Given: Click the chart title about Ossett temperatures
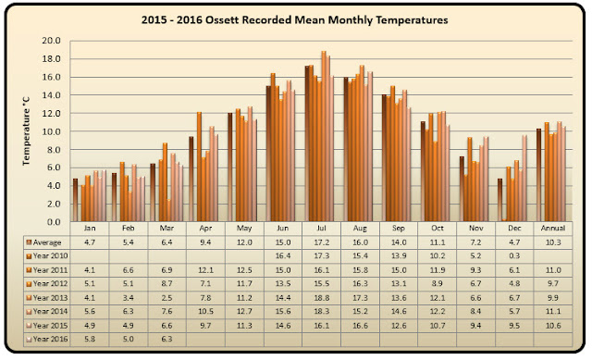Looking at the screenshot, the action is click(x=294, y=19).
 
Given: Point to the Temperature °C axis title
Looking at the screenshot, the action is click(x=26, y=131).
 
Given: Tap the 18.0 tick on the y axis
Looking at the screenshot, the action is click(x=52, y=59).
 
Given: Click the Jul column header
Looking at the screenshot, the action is click(x=321, y=229).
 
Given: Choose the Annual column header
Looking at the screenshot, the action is click(x=553, y=229).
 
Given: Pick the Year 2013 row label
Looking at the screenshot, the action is click(x=50, y=298).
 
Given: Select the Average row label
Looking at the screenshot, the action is click(x=47, y=242).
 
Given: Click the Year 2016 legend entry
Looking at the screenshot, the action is click(x=47, y=339).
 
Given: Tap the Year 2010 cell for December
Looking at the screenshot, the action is click(x=514, y=256).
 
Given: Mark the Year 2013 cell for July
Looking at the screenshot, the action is click(x=322, y=298).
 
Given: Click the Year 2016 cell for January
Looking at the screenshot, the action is click(x=90, y=339).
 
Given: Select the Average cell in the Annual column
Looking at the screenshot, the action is click(x=553, y=242).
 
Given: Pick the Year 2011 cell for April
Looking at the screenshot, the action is click(x=205, y=270).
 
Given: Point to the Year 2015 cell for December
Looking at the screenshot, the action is click(x=514, y=325).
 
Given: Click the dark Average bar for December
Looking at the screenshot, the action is click(x=499, y=200).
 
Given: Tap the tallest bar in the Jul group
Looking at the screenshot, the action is click(x=324, y=136).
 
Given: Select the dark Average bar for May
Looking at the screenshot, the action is click(x=230, y=167).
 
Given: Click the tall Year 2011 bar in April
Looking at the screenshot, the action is click(x=199, y=167).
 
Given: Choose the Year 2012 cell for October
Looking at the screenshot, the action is click(x=438, y=284).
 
